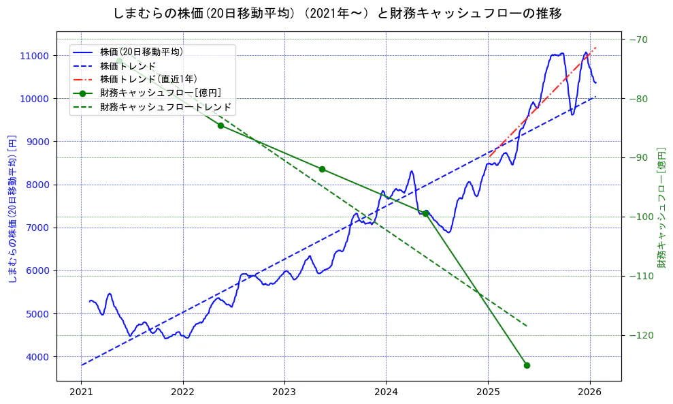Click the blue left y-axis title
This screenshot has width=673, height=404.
pyautogui.click(x=12, y=208)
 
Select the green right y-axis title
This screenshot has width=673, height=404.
pyautogui.click(x=661, y=208)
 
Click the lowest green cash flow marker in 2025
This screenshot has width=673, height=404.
pyautogui.click(x=527, y=365)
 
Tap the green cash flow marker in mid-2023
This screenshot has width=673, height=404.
pyautogui.click(x=322, y=169)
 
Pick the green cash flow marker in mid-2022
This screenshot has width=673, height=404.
pyautogui.click(x=220, y=125)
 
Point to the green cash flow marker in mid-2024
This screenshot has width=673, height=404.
pyautogui.click(x=425, y=213)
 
